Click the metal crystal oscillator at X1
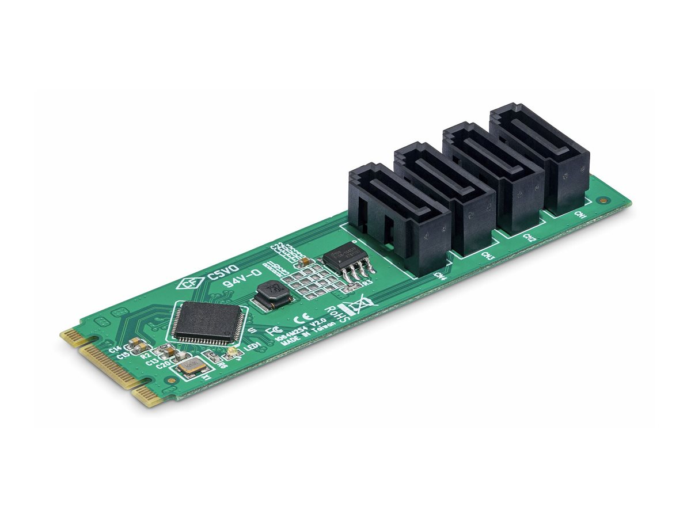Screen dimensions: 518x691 click(191, 367)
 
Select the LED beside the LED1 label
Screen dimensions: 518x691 click(231, 352)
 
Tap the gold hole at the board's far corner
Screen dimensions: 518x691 click(603, 201)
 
